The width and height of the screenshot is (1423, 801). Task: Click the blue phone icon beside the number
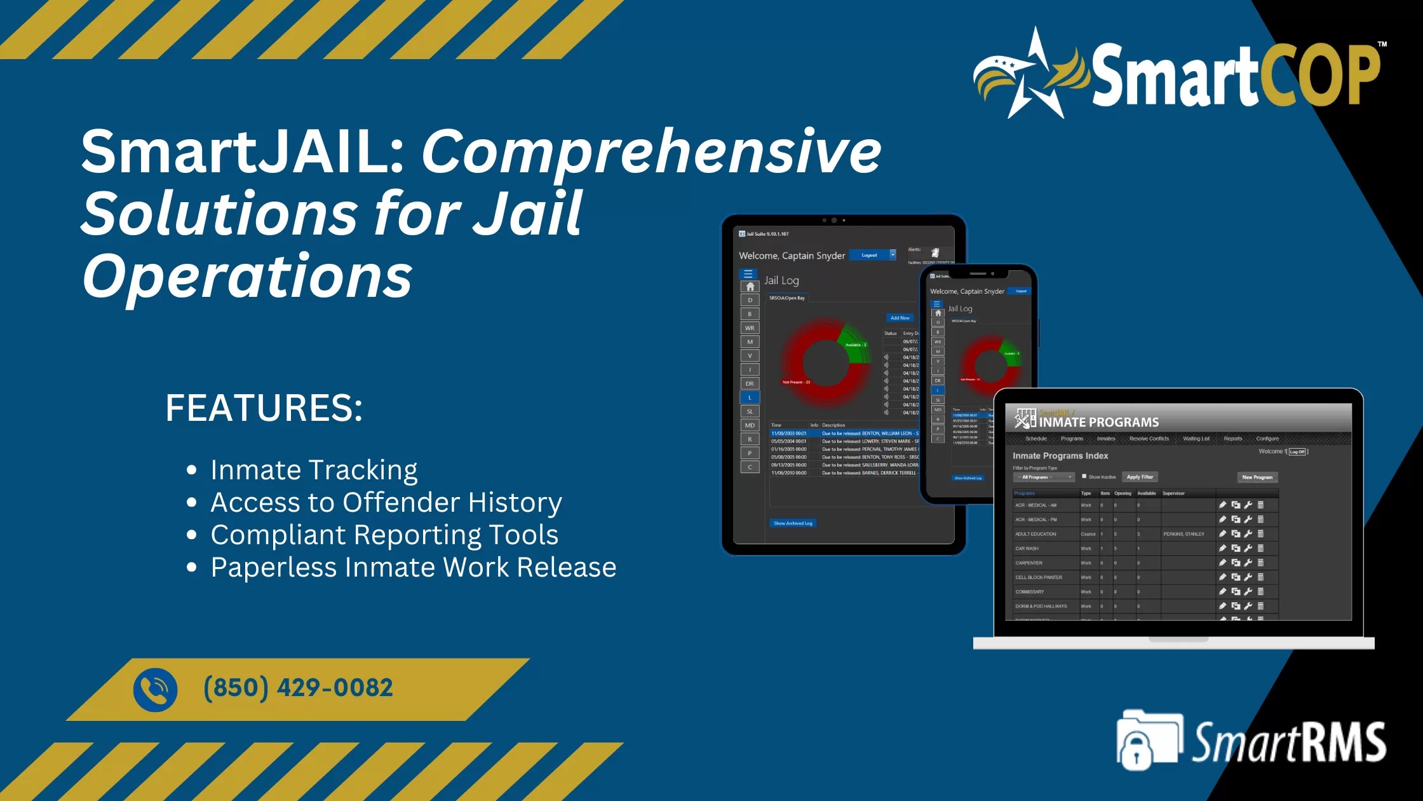point(155,690)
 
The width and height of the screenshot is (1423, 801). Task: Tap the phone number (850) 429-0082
point(298,688)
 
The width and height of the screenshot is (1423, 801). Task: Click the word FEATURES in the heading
point(264,407)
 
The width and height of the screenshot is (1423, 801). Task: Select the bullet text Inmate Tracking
point(314,470)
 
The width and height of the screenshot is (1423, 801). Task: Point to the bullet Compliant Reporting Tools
point(384,535)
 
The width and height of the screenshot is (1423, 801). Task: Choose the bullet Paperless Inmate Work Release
point(413,567)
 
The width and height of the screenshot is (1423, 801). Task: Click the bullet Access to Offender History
point(386,502)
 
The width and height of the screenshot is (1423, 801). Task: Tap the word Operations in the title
point(247,275)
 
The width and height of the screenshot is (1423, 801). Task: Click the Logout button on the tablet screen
point(869,255)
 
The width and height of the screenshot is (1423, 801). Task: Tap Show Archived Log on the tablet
point(793,523)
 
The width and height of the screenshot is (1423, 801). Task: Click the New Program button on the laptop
point(1257,477)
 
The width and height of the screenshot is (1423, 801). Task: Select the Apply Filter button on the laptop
point(1140,477)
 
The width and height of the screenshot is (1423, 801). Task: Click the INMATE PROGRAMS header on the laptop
point(1098,422)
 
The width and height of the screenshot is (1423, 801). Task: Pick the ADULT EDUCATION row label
point(1035,534)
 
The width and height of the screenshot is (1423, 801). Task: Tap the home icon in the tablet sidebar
point(750,287)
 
